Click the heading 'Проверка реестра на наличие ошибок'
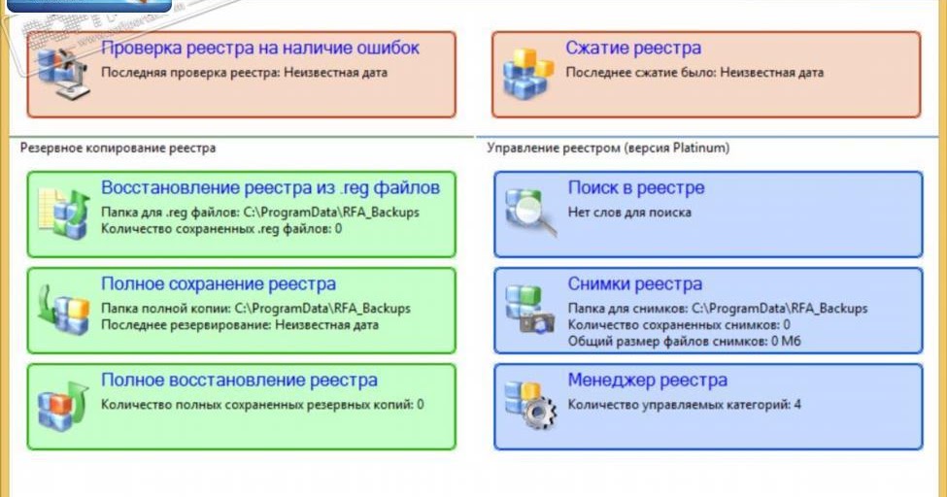[x=260, y=48]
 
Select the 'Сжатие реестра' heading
[x=633, y=48]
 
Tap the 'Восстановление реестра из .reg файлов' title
[x=270, y=187]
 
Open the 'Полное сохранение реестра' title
[x=219, y=284]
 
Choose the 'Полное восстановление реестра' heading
[x=239, y=381]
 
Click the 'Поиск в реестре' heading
[x=636, y=187]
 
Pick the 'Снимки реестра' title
[x=635, y=284]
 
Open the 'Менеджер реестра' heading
[x=647, y=381]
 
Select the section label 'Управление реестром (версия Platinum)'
[x=608, y=149]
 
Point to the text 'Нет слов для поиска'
[x=629, y=212]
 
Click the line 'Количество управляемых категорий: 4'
[x=685, y=404]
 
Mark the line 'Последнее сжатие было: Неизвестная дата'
[x=694, y=73]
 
